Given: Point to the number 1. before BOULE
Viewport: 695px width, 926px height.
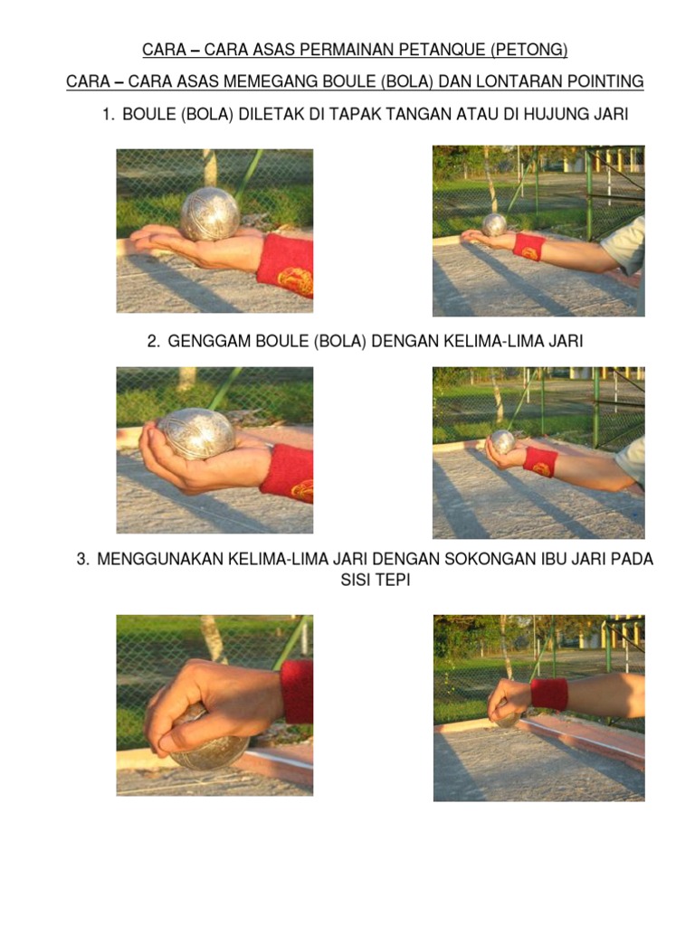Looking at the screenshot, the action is pyautogui.click(x=109, y=114).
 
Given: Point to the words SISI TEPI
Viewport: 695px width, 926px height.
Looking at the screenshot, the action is pyautogui.click(x=376, y=580).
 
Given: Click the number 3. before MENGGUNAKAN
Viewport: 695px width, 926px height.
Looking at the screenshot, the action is pyautogui.click(x=83, y=559).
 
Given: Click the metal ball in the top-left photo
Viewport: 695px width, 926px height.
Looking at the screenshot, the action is pyautogui.click(x=210, y=214).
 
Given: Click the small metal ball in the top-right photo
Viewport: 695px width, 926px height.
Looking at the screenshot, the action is pyautogui.click(x=495, y=225).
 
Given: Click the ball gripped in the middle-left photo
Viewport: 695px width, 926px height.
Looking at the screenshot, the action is pyautogui.click(x=195, y=433).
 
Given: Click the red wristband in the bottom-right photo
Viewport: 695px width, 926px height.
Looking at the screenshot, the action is pyautogui.click(x=549, y=694).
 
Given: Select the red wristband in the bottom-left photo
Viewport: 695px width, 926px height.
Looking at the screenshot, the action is pyautogui.click(x=297, y=692).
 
